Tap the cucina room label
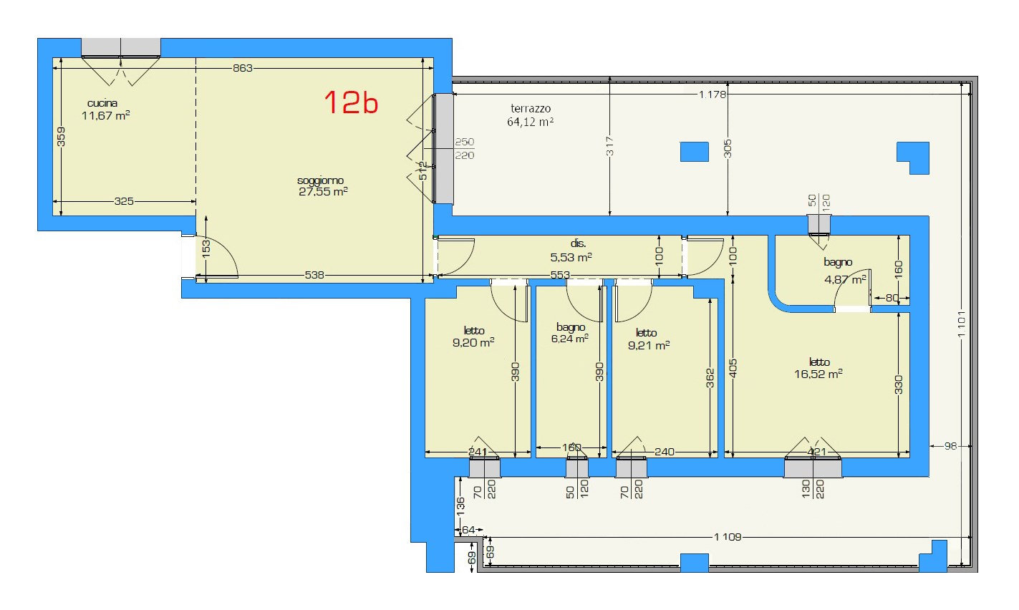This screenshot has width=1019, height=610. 102,103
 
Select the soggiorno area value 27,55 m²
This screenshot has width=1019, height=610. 323,191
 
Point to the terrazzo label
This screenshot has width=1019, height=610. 531,109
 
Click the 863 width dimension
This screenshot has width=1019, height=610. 243,68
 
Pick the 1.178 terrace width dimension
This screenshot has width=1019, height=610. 713,95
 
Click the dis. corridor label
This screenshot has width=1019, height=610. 578,244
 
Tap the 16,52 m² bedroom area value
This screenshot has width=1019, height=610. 818,374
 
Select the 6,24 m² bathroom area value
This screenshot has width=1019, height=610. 569,339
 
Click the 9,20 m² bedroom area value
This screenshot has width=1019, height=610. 473,342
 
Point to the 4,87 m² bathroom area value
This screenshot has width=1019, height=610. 845,279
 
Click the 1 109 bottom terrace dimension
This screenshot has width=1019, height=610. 728,537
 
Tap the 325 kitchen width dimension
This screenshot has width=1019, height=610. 124,201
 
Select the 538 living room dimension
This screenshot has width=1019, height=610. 314,275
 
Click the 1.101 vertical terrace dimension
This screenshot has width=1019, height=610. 961,324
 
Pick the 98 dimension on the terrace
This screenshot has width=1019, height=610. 950,446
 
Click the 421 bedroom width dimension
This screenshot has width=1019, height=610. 816,452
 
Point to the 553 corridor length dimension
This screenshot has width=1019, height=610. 560,275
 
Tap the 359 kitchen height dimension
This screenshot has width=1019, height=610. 61,137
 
